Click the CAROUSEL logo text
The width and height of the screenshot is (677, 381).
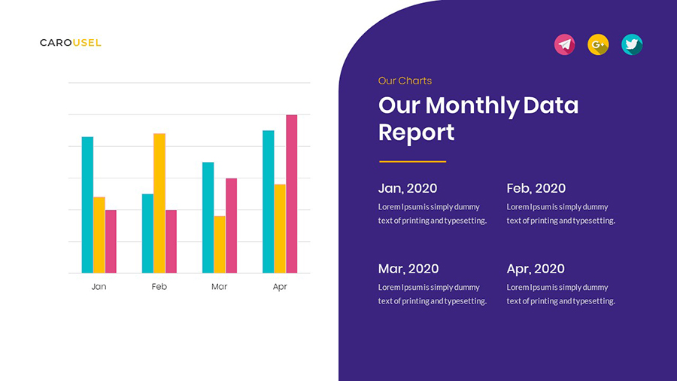click(x=70, y=43)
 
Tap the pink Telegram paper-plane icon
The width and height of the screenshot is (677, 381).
click(x=564, y=44)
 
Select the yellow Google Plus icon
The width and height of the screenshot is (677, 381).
click(x=598, y=44)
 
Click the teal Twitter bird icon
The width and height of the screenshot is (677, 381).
click(x=632, y=44)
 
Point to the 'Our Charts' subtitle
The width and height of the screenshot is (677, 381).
click(x=405, y=81)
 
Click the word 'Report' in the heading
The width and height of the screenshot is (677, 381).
click(x=416, y=133)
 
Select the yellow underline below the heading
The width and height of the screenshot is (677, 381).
click(x=412, y=161)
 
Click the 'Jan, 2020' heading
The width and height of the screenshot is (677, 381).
click(x=407, y=188)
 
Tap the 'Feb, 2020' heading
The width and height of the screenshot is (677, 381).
click(x=536, y=188)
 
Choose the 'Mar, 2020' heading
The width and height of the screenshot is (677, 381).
click(x=408, y=269)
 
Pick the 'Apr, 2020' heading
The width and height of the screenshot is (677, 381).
click(x=536, y=269)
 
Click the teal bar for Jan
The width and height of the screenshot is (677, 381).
click(x=87, y=205)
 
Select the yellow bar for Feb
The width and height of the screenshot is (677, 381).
click(x=159, y=203)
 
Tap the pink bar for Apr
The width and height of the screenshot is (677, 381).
click(x=292, y=194)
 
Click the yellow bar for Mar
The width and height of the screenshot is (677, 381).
click(x=220, y=245)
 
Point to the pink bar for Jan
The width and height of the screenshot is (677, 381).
click(x=111, y=242)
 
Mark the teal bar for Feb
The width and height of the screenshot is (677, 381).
click(x=147, y=233)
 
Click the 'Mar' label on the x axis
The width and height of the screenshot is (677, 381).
click(x=220, y=287)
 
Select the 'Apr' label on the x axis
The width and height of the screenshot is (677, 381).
click(x=280, y=287)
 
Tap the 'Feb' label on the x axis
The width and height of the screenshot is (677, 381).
click(x=159, y=287)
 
